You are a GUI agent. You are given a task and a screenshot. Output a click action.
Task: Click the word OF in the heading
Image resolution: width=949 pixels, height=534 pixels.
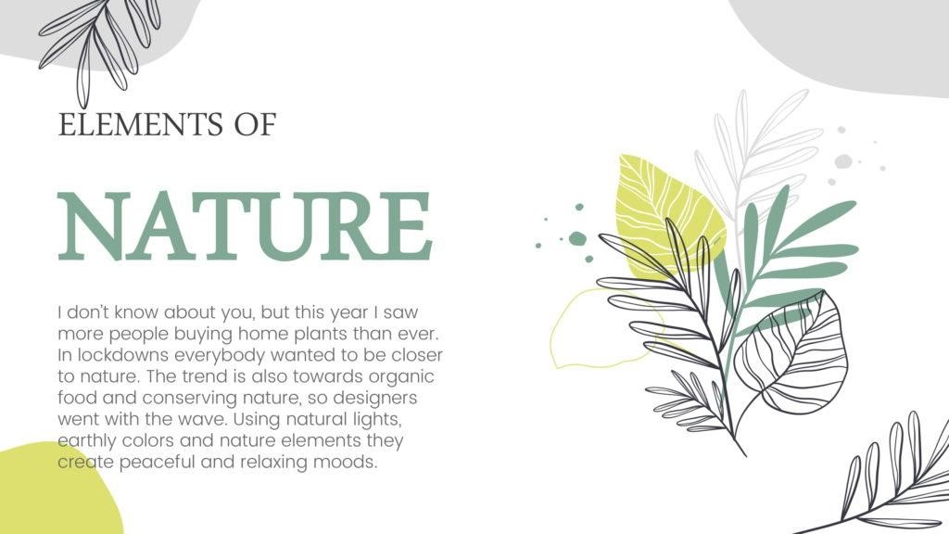255,125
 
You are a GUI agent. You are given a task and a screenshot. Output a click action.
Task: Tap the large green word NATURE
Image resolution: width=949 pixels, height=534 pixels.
245,226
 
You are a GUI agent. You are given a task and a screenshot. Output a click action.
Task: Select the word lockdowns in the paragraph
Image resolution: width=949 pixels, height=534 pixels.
120,355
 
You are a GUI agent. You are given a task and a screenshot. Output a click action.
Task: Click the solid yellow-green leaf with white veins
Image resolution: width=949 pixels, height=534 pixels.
668,212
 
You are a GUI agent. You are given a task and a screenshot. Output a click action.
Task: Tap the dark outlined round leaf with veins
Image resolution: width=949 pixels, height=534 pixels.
791,351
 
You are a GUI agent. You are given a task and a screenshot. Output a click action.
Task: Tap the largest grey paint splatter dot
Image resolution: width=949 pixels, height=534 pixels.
843,161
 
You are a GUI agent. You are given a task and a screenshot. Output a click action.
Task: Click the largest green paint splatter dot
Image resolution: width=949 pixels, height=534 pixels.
577,238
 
